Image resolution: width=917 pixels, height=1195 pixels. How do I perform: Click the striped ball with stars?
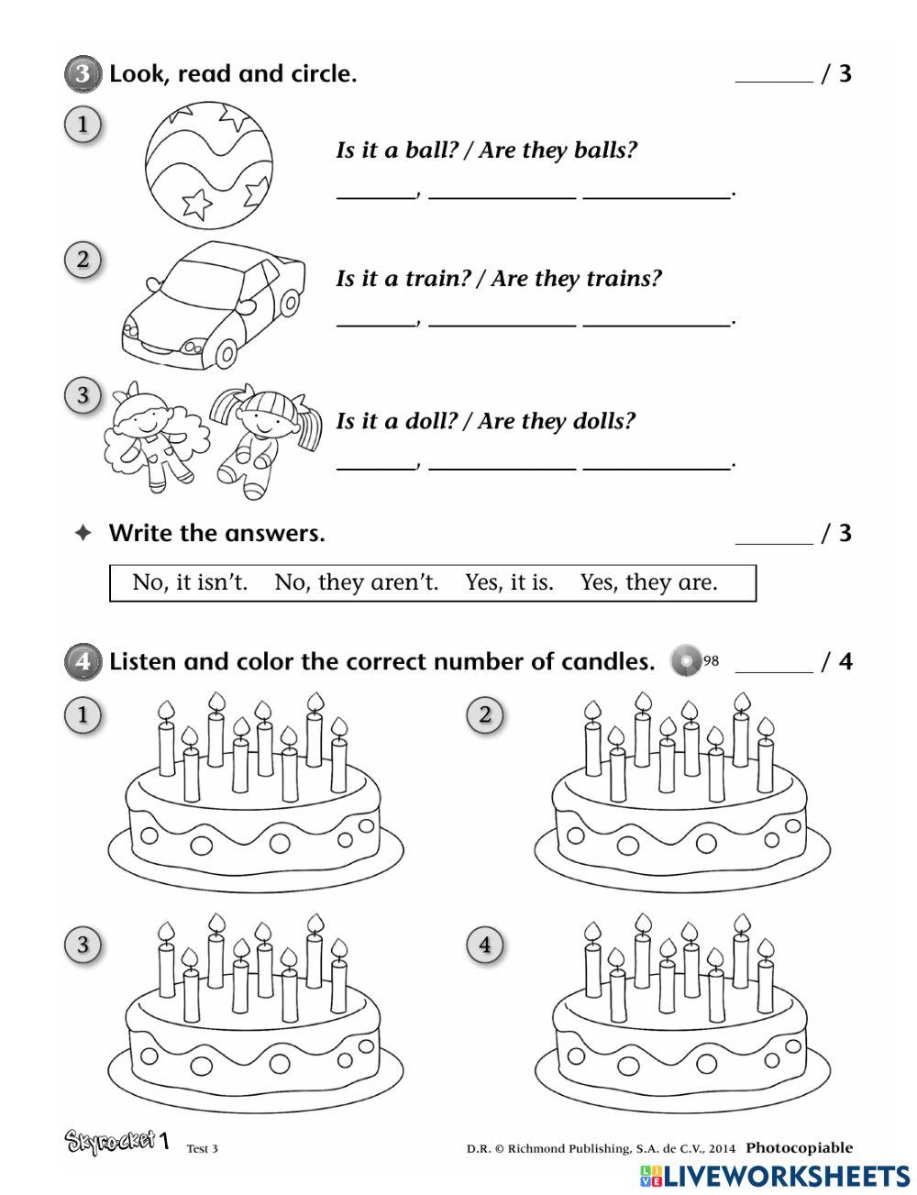point(208,162)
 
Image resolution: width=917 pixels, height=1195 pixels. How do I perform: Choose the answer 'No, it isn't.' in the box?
point(190,582)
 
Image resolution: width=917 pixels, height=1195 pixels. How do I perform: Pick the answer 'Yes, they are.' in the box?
point(648,582)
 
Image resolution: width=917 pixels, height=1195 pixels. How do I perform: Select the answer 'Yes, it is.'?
point(509,582)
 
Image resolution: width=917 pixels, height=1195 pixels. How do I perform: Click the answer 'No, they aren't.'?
point(356,582)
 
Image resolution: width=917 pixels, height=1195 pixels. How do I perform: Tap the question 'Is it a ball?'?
point(396,150)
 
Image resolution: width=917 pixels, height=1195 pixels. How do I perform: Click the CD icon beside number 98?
point(685,661)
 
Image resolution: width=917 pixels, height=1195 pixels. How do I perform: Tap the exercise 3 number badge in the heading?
point(83,74)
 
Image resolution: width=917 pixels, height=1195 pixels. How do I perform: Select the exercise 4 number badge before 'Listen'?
point(83,661)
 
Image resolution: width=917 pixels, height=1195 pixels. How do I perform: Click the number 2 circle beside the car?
point(83,260)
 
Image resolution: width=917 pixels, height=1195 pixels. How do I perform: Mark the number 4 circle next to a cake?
point(485,945)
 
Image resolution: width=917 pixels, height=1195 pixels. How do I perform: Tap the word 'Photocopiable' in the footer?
point(799,1147)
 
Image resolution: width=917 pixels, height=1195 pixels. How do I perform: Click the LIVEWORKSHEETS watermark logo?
point(775,1177)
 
